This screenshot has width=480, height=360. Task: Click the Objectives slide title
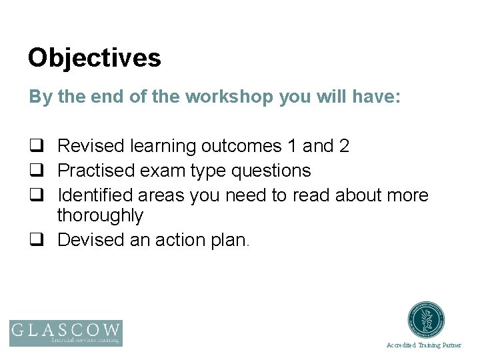click(x=94, y=58)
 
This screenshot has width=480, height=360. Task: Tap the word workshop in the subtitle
click(x=229, y=97)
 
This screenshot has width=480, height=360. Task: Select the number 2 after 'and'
click(x=344, y=146)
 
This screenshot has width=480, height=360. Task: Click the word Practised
click(x=96, y=171)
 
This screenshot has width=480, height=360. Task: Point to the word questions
click(x=271, y=171)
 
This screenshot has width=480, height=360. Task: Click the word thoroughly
click(x=100, y=216)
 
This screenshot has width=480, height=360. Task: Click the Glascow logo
click(x=66, y=333)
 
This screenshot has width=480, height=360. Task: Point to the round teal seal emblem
click(x=427, y=321)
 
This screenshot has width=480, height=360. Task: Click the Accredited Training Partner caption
click(x=423, y=345)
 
